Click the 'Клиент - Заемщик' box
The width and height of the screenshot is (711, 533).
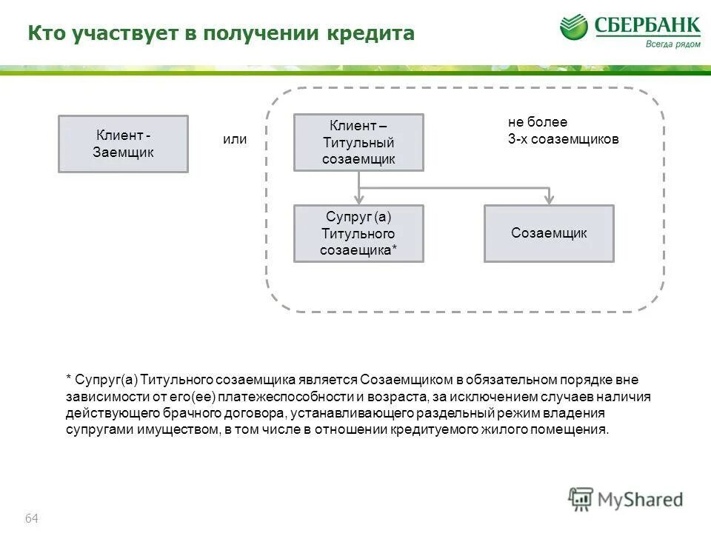click(123, 144)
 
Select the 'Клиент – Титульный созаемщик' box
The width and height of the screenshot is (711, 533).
click(358, 142)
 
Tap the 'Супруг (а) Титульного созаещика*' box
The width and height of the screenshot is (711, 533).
click(358, 233)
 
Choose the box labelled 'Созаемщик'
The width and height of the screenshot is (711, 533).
click(549, 233)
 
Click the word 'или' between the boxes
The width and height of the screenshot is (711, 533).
click(235, 139)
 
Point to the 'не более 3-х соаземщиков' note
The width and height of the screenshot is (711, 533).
click(563, 130)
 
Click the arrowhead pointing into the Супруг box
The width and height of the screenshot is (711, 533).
click(359, 199)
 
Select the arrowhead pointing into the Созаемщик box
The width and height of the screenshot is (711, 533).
click(549, 199)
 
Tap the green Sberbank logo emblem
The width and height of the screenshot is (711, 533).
click(573, 27)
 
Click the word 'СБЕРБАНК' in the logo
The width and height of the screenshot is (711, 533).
click(647, 26)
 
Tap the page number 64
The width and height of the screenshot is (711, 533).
click(32, 518)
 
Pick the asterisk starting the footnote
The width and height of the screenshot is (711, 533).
click(68, 380)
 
